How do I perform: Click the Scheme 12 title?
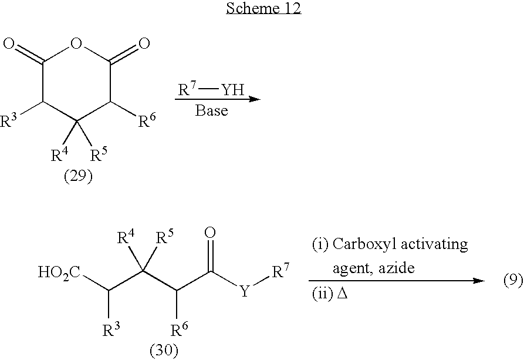coord(263,8)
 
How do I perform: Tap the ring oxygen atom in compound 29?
coord(76,43)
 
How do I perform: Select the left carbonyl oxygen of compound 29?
coord(9,43)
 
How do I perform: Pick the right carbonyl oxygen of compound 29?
coord(144,43)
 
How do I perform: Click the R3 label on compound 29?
coord(9,121)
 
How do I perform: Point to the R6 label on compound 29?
coord(147,121)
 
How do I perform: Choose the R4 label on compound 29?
coord(60,154)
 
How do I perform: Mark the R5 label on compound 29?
coord(99,154)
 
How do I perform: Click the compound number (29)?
coord(78,176)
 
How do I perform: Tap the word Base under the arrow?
coord(212,110)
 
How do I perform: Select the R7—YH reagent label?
coord(211,89)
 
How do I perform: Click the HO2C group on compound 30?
coord(59,272)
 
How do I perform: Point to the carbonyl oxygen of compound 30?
coord(210,233)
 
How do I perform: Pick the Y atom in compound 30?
coord(245,292)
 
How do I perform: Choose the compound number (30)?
coord(164,351)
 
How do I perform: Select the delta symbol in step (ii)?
coord(343,294)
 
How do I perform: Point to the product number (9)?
coord(513,280)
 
